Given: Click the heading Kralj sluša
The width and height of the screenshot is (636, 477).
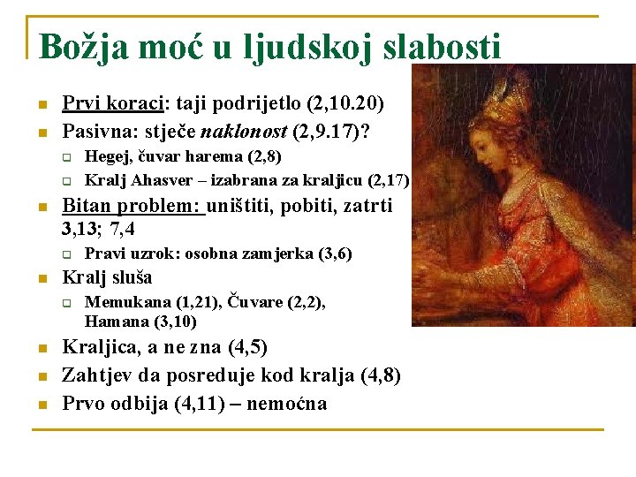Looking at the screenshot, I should (x=107, y=277).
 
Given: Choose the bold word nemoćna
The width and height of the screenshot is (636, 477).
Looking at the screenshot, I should (x=286, y=404).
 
